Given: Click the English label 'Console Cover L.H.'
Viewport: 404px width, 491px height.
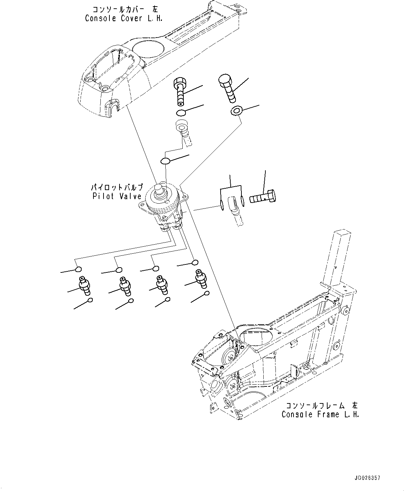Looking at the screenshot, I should point(123,18).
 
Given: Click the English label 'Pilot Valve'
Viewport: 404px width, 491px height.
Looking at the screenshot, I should point(117,196).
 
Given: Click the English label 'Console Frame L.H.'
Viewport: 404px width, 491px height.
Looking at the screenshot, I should point(320,414).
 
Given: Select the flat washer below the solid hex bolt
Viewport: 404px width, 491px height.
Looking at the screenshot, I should point(236,111).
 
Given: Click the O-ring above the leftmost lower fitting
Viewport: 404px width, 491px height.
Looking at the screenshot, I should point(79,269).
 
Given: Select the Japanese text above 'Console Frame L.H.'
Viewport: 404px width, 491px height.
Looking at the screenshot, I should point(321,406).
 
